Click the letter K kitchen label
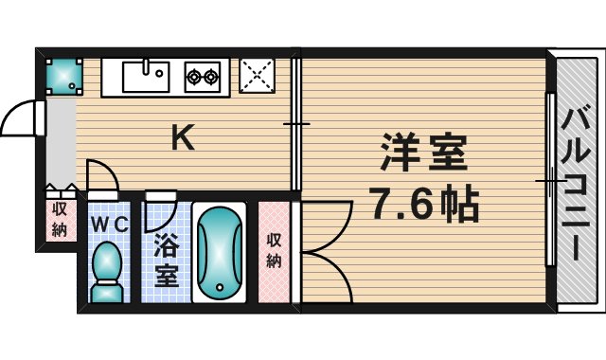point(182,139)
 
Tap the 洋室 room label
point(423,153)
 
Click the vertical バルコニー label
point(577,184)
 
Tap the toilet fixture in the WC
point(109,270)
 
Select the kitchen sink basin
point(150,74)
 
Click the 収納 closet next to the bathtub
point(273,251)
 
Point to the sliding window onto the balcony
point(550,180)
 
